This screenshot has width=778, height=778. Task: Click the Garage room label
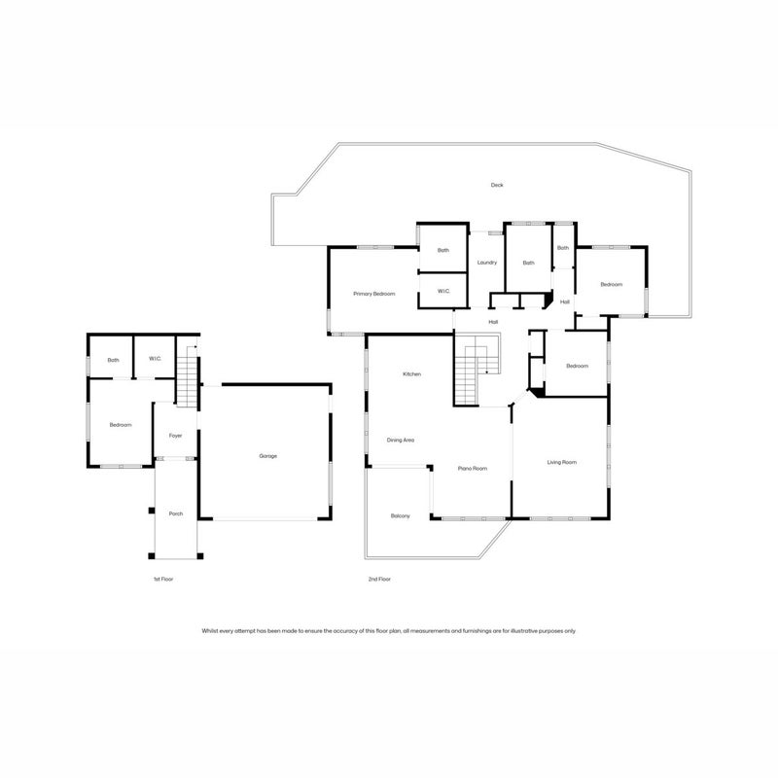(268, 456)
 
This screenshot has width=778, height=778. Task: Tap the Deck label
(497, 185)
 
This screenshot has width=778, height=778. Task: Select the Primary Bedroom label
(374, 294)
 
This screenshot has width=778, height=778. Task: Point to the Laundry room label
(487, 263)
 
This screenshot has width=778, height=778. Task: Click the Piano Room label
(473, 469)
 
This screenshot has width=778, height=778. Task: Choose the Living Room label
(562, 463)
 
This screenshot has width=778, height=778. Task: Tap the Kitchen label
(411, 374)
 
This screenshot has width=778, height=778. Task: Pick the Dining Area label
(401, 441)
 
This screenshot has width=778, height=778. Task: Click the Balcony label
(401, 516)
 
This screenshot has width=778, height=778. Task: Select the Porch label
(176, 514)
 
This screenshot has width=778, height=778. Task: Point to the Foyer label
(175, 436)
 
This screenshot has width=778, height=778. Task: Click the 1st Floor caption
(163, 579)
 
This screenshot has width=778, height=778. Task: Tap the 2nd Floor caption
(379, 579)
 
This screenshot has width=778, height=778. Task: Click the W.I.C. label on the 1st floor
(155, 359)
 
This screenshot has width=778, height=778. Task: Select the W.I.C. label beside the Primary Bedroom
(443, 291)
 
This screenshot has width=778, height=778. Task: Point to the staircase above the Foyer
(188, 376)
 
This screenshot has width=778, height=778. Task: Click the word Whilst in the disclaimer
(209, 631)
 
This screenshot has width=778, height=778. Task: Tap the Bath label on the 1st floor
(113, 360)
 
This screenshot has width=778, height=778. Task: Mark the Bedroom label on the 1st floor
(121, 425)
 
